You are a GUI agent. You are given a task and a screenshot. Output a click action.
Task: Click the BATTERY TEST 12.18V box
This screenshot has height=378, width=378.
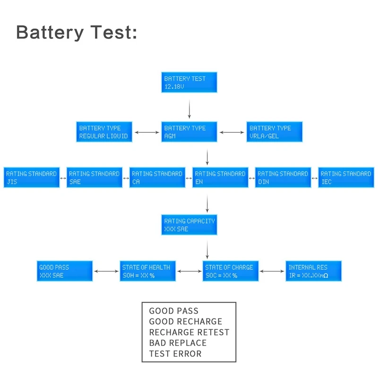point(189,82)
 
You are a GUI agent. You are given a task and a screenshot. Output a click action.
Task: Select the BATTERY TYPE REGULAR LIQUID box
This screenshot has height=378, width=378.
point(104,132)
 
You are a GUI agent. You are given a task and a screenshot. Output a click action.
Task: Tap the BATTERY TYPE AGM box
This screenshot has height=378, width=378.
point(189,132)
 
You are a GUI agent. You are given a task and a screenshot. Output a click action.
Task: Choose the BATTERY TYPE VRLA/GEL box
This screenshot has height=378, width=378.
point(275,132)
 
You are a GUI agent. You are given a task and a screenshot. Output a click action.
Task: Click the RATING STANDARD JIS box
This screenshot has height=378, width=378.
point(32,178)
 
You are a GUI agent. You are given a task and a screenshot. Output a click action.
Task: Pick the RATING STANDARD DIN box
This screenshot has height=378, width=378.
point(283,178)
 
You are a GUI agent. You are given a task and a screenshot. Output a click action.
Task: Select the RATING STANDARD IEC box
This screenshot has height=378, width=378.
point(346,178)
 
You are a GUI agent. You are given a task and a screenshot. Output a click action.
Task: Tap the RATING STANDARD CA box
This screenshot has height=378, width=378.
point(157,178)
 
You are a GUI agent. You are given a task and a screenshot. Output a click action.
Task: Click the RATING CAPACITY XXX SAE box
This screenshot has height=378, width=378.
point(189,225)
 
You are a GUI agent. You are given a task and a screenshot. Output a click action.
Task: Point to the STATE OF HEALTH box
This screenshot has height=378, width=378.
point(148,271)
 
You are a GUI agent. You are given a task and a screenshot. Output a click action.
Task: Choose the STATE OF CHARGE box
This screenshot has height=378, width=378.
point(231,271)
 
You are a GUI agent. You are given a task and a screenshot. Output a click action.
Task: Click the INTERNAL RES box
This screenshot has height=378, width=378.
point(314,271)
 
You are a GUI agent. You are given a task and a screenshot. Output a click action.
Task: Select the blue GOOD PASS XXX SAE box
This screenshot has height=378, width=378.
point(65,271)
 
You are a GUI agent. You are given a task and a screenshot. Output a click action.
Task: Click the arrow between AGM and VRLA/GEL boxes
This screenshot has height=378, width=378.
point(232,132)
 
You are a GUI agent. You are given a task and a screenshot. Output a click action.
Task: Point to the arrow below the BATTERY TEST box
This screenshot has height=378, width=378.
point(189,109)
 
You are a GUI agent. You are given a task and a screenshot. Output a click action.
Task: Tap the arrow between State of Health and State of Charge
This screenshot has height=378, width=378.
point(189,271)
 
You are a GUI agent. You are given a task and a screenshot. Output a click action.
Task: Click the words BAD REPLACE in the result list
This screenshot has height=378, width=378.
point(178,343)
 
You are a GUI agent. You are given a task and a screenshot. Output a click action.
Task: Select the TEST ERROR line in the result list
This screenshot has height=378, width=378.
point(175,353)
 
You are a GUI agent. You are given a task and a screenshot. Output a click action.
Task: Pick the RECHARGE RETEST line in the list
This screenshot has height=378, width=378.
point(189,332)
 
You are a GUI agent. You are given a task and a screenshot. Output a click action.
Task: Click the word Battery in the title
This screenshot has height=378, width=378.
point(50,32)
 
